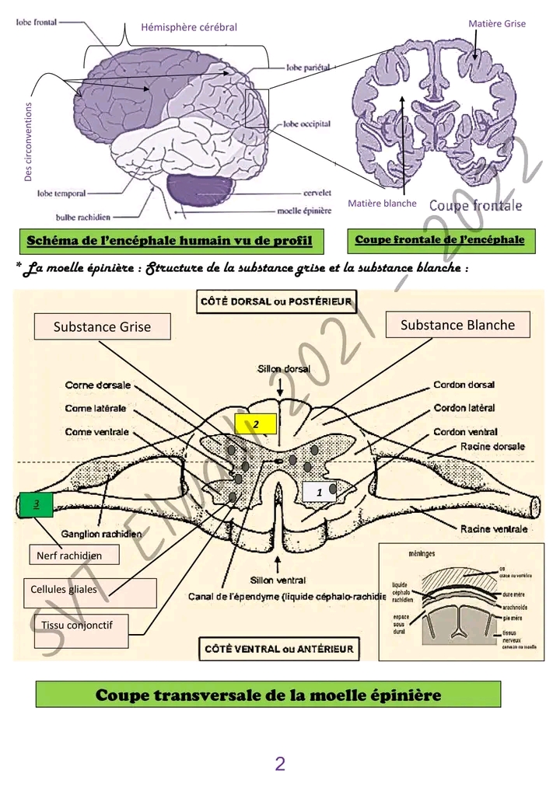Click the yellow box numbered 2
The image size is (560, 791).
coord(256,423)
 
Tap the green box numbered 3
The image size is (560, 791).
coord(36,504)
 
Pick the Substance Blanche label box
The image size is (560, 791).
coord(457,325)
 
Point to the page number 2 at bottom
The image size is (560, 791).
coord(280,765)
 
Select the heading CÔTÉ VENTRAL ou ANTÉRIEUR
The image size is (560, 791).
coord(279,649)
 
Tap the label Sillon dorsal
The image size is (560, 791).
coord(283,369)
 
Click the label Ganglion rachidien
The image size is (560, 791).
coord(103,534)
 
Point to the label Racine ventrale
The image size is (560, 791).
coord(494,528)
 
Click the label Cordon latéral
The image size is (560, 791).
coord(464,408)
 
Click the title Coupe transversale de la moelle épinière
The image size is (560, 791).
coord(268,695)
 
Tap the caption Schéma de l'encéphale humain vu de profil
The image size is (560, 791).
coord(170,241)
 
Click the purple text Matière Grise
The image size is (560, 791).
coord(497,24)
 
